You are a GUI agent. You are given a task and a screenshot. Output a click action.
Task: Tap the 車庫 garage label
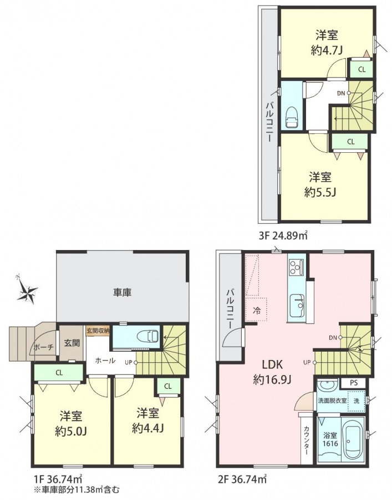click(x=123, y=292)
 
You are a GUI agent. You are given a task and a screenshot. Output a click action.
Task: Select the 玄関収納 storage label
click(x=98, y=330)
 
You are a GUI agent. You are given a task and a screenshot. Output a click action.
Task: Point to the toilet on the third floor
click(x=292, y=118)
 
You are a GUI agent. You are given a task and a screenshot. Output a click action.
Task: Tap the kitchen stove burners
click(x=296, y=267)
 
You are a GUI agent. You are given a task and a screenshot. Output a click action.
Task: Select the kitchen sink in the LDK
click(x=297, y=305)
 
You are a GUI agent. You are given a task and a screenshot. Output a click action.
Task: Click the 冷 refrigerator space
click(x=257, y=309)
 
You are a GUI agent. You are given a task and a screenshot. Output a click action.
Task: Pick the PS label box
click(x=354, y=383)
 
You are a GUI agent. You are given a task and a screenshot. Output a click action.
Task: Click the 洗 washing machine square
click(x=357, y=401)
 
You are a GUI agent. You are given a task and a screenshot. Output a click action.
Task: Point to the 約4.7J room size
click(x=327, y=51)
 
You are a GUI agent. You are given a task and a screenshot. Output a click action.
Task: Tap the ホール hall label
click(x=105, y=361)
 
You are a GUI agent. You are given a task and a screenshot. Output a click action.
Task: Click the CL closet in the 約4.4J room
click(x=167, y=386)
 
